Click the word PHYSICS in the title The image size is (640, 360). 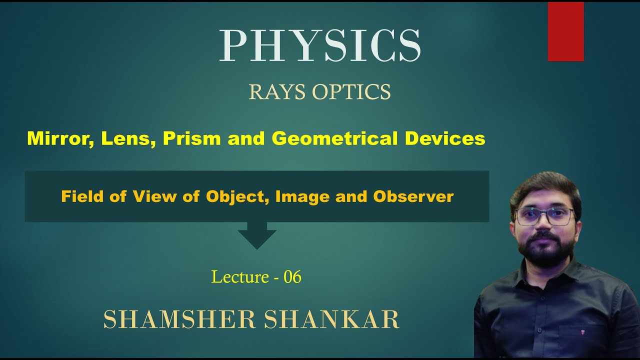(320, 46)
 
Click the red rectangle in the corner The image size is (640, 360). (565, 32)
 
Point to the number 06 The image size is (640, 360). (292, 276)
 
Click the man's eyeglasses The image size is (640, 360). (545, 216)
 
